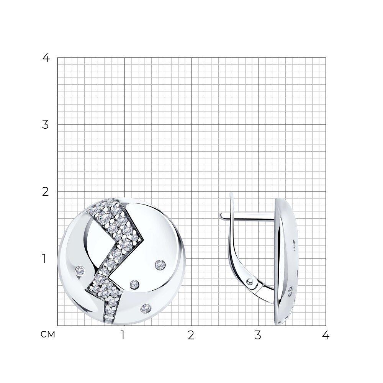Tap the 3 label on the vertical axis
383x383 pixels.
click(x=46, y=125)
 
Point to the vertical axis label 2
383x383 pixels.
click(x=46, y=192)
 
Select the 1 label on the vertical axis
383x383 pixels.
click(x=44, y=259)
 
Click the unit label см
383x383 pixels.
click(x=47, y=335)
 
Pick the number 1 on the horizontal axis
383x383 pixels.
click(x=123, y=336)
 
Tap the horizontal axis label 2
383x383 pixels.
click(x=191, y=336)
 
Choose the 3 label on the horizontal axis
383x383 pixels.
click(x=258, y=336)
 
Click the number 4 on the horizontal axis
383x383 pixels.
click(x=326, y=336)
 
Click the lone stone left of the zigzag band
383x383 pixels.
click(x=80, y=271)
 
